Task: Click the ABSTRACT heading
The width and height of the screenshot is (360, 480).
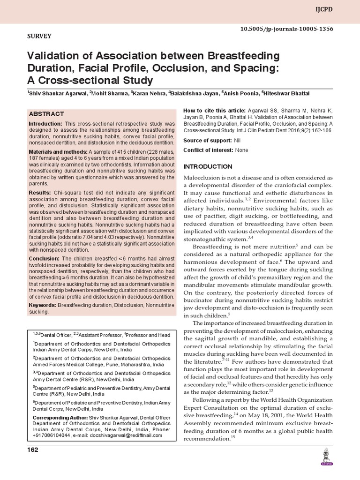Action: pos(46,114)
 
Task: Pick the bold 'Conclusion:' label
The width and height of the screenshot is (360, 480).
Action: pos(44,258)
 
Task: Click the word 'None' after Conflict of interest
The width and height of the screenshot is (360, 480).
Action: pos(241,150)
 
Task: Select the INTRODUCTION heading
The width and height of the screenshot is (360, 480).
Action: pos(208,167)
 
